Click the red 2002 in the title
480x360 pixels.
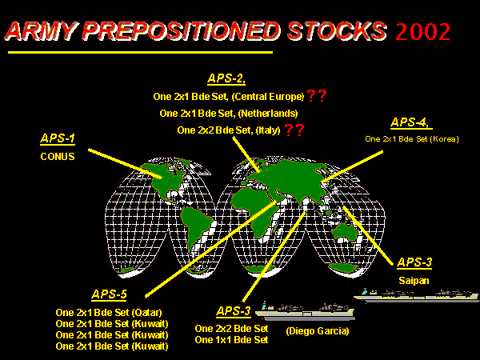coord(422,31)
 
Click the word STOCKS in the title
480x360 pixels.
coord(337,31)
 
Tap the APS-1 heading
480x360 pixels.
coord(58,138)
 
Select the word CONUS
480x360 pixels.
coord(58,157)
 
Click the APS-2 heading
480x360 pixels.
coord(226,78)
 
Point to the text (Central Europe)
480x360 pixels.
coord(268,97)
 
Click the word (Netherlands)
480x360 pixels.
coord(268,114)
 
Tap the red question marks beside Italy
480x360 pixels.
coord(294,130)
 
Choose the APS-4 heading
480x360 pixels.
coord(411,122)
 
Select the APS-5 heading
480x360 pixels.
coord(109,294)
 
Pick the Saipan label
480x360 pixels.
coord(414,281)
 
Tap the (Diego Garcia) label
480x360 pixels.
coord(318,331)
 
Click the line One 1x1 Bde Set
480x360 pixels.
coord(231,340)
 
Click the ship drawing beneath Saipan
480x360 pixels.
coord(416,295)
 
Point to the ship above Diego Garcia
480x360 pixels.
coord(305,310)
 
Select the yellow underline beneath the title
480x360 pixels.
coord(140,52)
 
